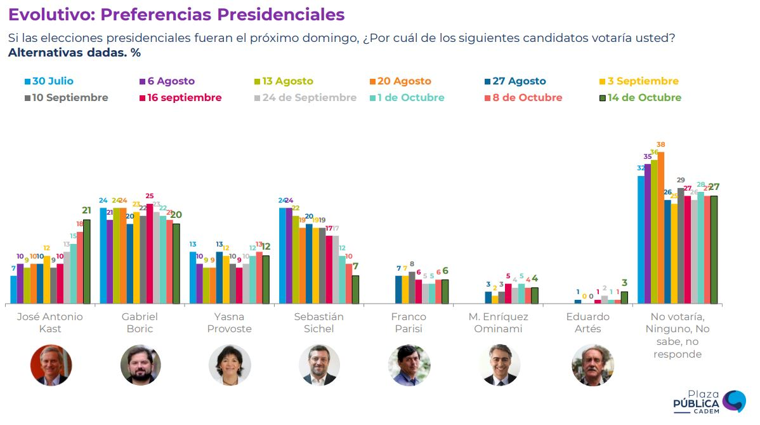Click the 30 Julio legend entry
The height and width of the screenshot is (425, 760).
click(x=49, y=81)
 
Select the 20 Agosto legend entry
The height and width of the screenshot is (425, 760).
click(x=400, y=81)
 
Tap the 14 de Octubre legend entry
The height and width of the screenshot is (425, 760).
click(x=641, y=98)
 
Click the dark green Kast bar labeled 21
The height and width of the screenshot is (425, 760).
click(x=87, y=262)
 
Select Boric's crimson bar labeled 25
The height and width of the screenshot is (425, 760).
click(x=150, y=254)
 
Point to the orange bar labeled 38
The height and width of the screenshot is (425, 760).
click(x=661, y=228)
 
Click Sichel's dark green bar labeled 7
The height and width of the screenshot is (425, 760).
click(x=355, y=290)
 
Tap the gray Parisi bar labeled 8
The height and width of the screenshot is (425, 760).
click(x=412, y=288)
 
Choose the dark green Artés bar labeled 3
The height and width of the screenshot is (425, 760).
click(x=624, y=297)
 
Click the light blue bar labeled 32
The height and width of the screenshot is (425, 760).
click(x=641, y=240)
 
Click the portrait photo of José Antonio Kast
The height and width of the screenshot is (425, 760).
click(x=51, y=365)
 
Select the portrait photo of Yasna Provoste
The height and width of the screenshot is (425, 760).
click(x=230, y=365)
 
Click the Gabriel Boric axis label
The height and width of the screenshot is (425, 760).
click(x=140, y=323)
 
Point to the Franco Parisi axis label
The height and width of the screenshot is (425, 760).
click(x=409, y=323)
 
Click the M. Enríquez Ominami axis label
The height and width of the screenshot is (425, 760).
click(x=499, y=323)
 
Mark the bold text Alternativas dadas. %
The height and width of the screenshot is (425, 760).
click(x=74, y=53)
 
